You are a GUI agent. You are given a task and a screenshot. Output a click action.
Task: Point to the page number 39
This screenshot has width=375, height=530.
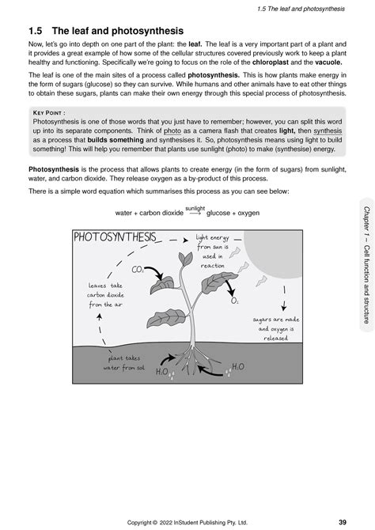click(x=342, y=521)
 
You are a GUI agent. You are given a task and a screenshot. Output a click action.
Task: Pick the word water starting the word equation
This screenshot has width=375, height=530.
click(x=124, y=213)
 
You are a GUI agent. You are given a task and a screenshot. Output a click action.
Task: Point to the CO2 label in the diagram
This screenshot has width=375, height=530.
click(x=138, y=270)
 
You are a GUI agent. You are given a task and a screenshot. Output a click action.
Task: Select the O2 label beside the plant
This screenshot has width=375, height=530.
click(x=235, y=301)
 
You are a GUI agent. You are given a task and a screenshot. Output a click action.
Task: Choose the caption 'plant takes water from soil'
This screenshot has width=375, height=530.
click(x=123, y=363)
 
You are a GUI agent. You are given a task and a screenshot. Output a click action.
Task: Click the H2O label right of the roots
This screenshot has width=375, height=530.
click(x=237, y=367)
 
